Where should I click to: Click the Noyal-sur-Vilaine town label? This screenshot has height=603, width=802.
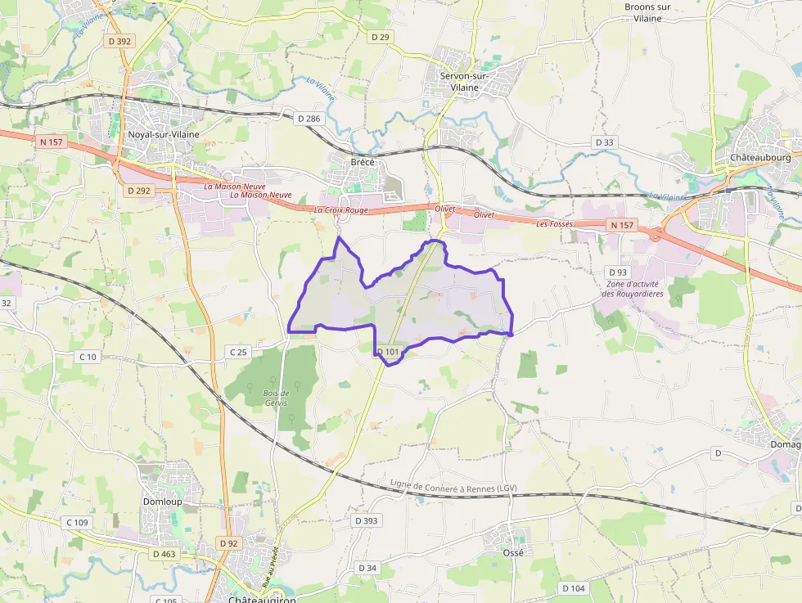[x=164, y=134]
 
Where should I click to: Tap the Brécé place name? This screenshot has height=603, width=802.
[x=363, y=162]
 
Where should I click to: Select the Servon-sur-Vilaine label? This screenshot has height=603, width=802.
[x=464, y=82]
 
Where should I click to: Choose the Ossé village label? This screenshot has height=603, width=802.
[x=513, y=552]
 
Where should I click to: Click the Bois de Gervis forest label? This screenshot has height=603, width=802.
[x=277, y=398]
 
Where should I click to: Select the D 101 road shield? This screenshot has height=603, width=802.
[x=390, y=353]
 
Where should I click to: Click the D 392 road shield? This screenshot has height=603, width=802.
[x=118, y=41]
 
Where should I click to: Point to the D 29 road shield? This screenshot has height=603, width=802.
[x=380, y=37]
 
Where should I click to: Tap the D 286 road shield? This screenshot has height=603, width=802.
[x=309, y=119]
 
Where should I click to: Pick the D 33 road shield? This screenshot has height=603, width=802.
[x=604, y=142]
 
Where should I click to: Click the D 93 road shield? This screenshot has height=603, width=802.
[x=618, y=272]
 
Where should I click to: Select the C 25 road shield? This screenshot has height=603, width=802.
[x=238, y=352]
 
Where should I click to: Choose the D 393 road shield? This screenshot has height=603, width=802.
[x=367, y=520]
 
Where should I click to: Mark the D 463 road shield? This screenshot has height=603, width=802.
[x=164, y=554]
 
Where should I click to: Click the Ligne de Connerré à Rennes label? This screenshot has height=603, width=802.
[x=454, y=487]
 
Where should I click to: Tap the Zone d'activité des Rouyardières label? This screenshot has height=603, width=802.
[x=633, y=289]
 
